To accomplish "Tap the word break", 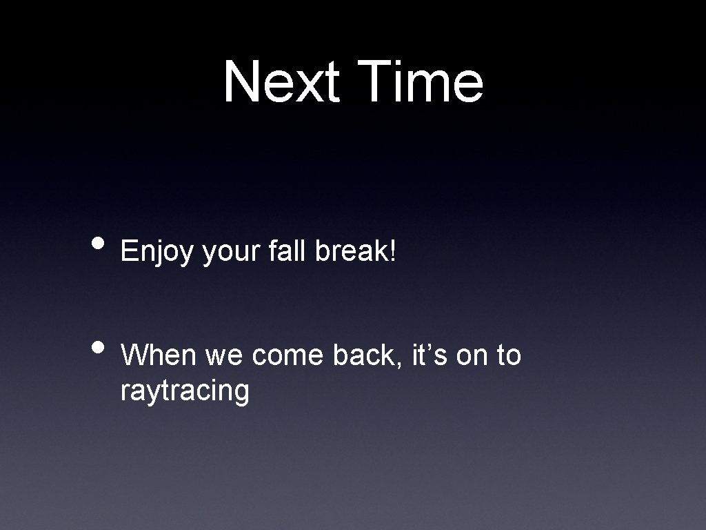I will (x=352, y=252).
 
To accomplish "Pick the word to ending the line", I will (x=508, y=356).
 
